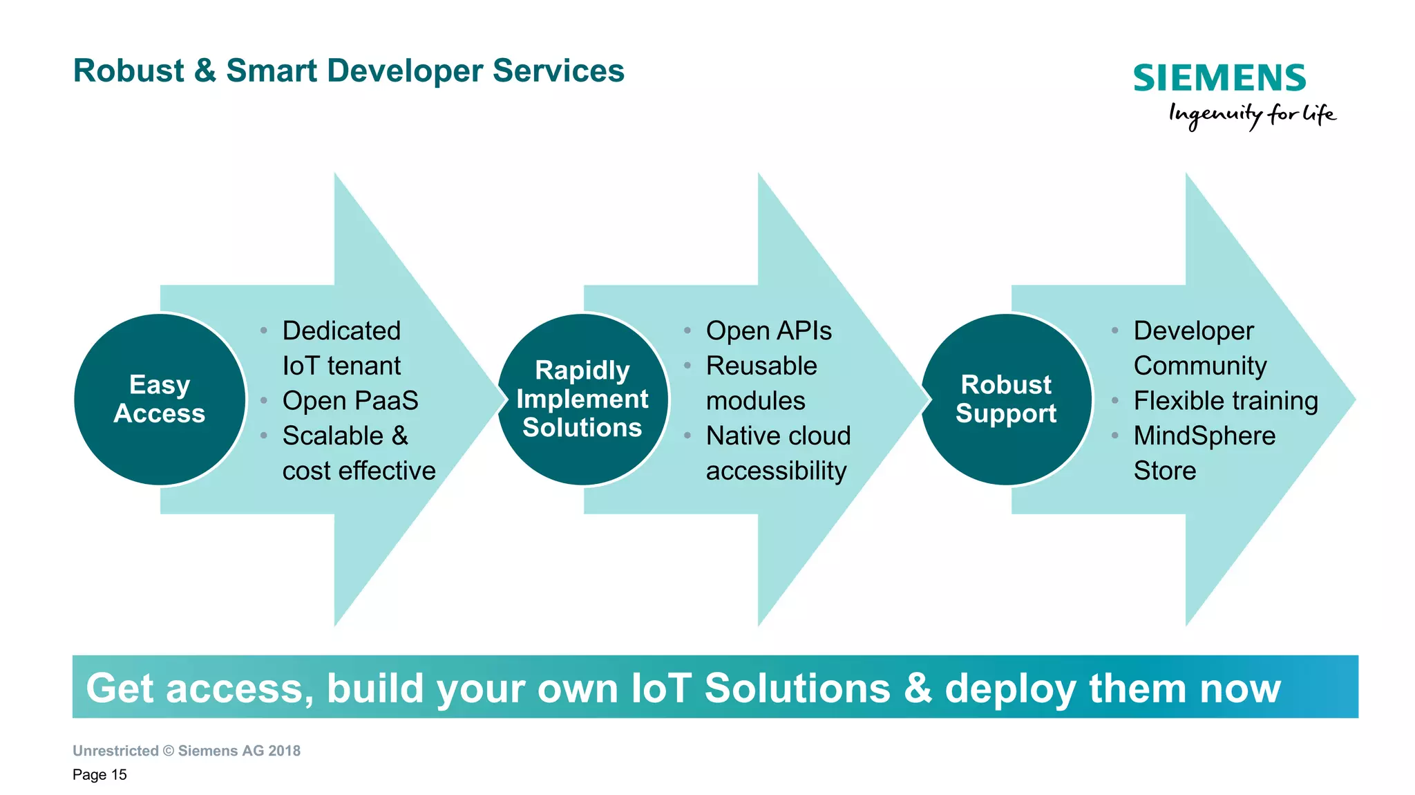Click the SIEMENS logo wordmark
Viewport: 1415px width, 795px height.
[1219, 78]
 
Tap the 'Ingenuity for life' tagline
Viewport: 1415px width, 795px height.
[1251, 115]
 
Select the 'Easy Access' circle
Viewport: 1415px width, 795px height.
[160, 400]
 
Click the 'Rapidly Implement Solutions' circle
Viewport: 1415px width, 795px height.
[582, 400]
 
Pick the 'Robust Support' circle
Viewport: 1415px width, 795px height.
[1006, 400]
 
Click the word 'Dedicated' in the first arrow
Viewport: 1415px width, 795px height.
[341, 331]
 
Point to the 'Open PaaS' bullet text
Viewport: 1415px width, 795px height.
[350, 401]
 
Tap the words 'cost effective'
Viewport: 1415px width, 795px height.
[359, 471]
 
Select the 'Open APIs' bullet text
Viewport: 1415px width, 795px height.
[768, 331]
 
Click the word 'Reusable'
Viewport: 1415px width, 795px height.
[761, 366]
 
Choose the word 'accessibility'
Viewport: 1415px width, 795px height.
[776, 471]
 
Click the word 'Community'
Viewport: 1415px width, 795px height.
[1200, 366]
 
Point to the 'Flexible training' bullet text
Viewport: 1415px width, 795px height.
[1226, 401]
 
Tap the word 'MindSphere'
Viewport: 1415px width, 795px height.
[1204, 436]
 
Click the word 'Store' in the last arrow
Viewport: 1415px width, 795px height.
[1165, 471]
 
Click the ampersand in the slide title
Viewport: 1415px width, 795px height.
[205, 71]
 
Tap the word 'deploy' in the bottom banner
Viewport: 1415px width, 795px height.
[1010, 689]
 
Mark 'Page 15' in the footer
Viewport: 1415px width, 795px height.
[99, 775]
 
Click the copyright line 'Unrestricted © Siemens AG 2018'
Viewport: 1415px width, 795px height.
[187, 751]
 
